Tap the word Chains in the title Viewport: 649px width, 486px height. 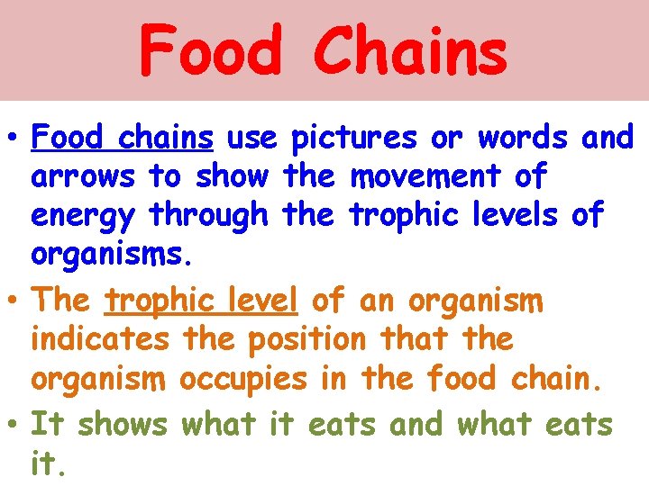(x=410, y=51)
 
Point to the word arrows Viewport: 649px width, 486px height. (x=83, y=176)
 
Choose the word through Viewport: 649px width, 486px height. (x=209, y=215)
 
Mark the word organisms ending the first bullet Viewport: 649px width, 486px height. (x=111, y=256)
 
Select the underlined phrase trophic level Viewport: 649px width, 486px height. (x=201, y=300)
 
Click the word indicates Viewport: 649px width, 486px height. (x=100, y=339)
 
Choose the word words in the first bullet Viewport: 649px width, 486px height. (x=523, y=138)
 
